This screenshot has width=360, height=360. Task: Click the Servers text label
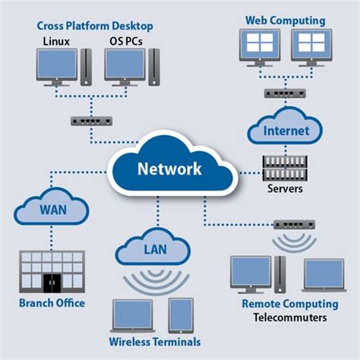pos(286,187)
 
